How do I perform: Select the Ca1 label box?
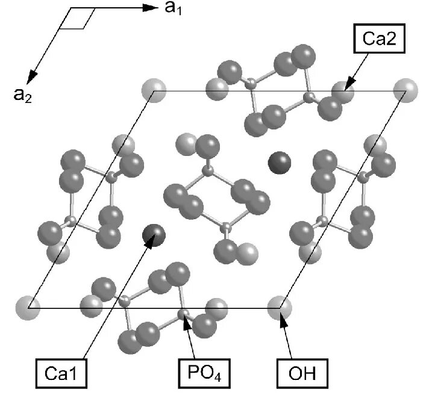61,374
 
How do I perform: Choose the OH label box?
302,373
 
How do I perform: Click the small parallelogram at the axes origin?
78,18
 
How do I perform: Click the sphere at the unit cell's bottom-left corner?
28,308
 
